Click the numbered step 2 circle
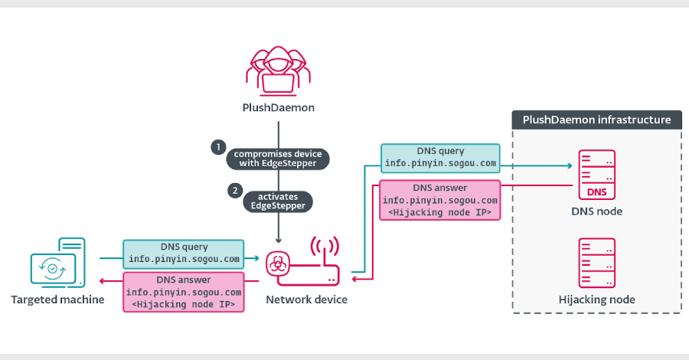[235, 189]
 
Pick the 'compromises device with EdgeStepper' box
[277, 158]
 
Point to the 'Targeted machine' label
[57, 299]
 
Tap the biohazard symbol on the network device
[277, 265]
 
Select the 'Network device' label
[306, 299]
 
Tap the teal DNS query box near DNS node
[440, 157]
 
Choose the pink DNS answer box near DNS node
[440, 200]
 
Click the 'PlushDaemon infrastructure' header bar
[596, 119]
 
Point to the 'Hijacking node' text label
[596, 299]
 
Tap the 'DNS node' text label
[596, 211]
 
